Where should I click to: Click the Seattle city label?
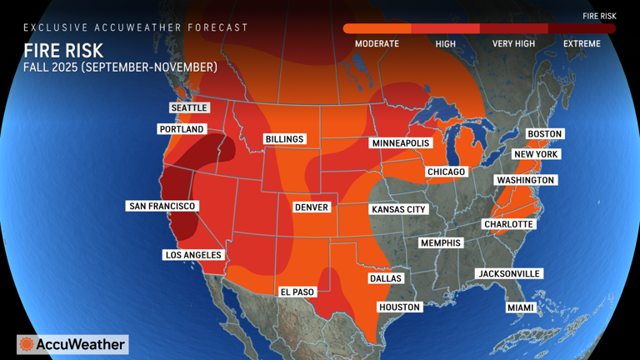click(189, 107)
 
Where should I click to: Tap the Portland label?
click(182, 129)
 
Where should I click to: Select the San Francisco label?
click(162, 205)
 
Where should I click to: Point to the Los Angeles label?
click(192, 254)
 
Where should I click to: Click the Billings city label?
click(284, 138)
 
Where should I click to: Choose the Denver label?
click(312, 207)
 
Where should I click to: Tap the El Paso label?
click(297, 292)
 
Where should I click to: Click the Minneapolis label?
click(400, 143)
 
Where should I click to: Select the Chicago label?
click(446, 172)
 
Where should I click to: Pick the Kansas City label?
click(398, 209)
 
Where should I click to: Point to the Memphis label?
click(441, 242)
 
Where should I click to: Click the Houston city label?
click(400, 307)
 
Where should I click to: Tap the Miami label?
click(520, 307)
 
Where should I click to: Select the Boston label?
click(545, 133)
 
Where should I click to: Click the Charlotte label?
click(509, 224)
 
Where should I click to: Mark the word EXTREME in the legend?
click(582, 43)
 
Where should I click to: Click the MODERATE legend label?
click(377, 43)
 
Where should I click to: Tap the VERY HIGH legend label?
click(513, 43)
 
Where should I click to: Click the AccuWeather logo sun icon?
click(27, 344)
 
